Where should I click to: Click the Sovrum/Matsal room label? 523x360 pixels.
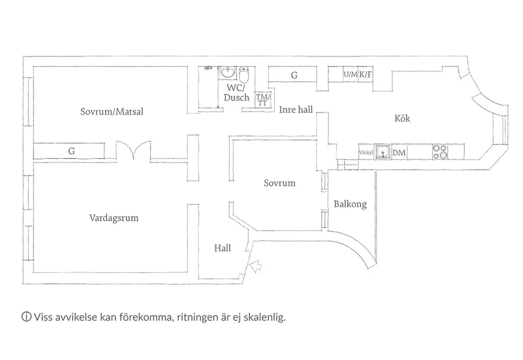pyautogui.click(x=112, y=111)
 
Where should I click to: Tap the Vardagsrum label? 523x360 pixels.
pyautogui.click(x=114, y=218)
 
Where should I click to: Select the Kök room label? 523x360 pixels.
pyautogui.click(x=402, y=119)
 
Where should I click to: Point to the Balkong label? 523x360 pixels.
pyautogui.click(x=350, y=204)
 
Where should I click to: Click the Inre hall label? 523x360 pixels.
pyautogui.click(x=295, y=109)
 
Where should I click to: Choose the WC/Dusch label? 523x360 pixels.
pyautogui.click(x=236, y=93)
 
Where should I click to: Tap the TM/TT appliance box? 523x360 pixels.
pyautogui.click(x=262, y=99)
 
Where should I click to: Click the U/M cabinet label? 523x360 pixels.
pyautogui.click(x=350, y=74)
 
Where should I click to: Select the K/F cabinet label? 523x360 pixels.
pyautogui.click(x=366, y=74)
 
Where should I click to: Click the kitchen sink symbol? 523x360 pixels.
pyautogui.click(x=384, y=152)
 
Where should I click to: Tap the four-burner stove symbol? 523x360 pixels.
pyautogui.click(x=440, y=152)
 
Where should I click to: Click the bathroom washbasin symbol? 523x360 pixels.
pyautogui.click(x=228, y=73)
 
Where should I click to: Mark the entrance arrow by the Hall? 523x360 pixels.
pyautogui.click(x=257, y=267)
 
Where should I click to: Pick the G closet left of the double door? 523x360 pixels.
pyautogui.click(x=71, y=151)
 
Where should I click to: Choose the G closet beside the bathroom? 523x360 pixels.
pyautogui.click(x=294, y=75)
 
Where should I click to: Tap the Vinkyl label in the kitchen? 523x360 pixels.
pyautogui.click(x=365, y=153)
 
